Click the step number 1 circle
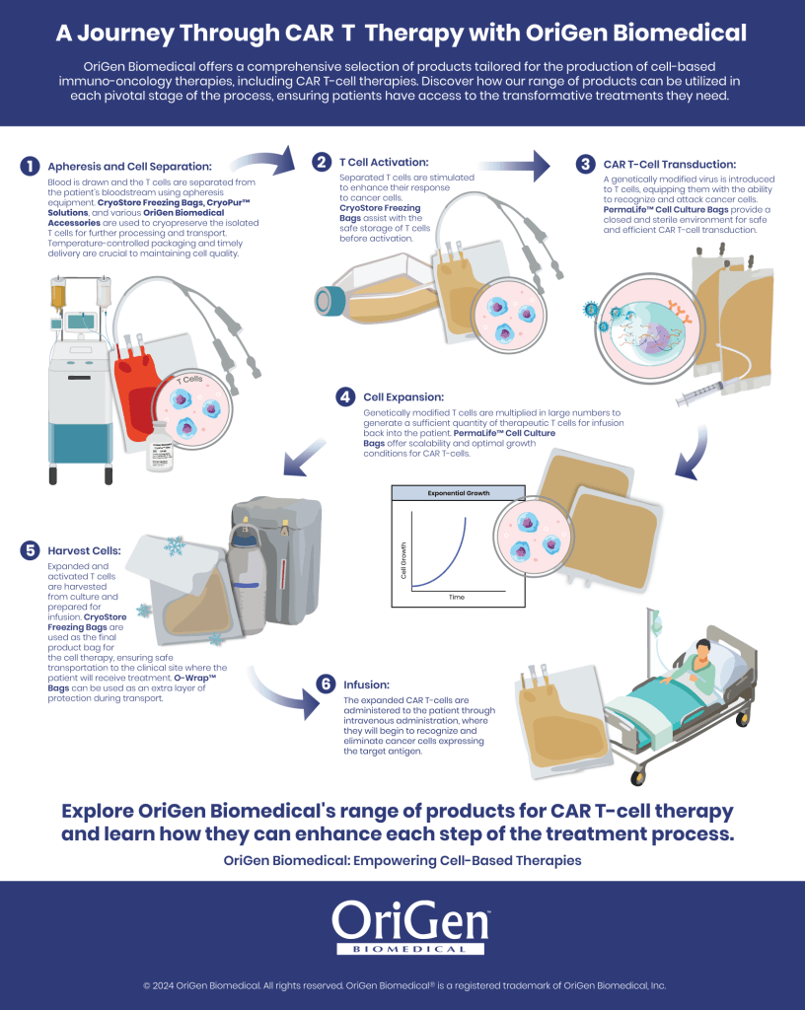31,165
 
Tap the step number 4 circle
345,397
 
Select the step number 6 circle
326,683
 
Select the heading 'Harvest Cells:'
86,549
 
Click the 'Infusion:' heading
368,683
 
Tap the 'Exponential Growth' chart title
458,491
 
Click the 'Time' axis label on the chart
457,597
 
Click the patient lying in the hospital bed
701,661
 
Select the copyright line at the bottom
402,984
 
